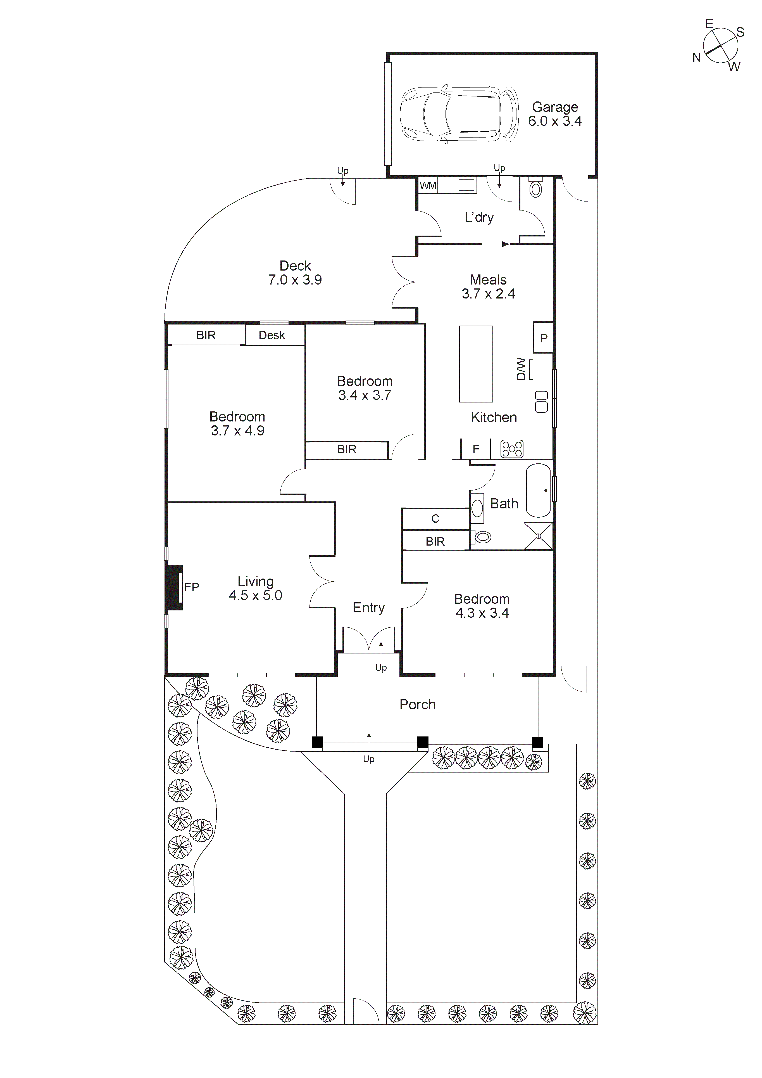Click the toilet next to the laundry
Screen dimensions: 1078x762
point(535,189)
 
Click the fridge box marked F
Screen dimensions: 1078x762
point(476,449)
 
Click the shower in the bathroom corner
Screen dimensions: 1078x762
point(538,536)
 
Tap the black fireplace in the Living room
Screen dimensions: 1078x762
point(174,587)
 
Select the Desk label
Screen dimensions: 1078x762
point(272,335)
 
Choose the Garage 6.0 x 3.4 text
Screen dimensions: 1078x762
point(555,114)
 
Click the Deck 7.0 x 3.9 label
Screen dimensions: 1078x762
point(295,273)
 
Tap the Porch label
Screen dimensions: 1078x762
point(418,704)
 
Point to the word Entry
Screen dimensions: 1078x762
point(369,608)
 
